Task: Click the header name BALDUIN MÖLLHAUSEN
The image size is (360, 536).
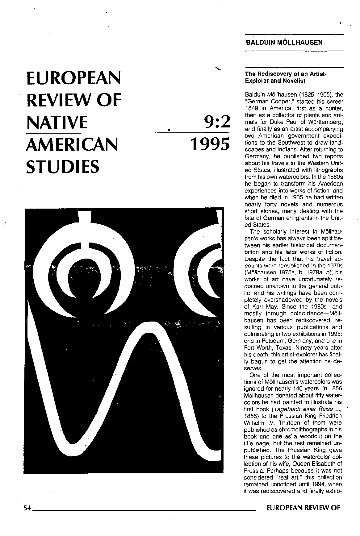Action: pyautogui.click(x=284, y=43)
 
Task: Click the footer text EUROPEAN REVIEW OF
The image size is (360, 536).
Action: pyautogui.click(x=303, y=508)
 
